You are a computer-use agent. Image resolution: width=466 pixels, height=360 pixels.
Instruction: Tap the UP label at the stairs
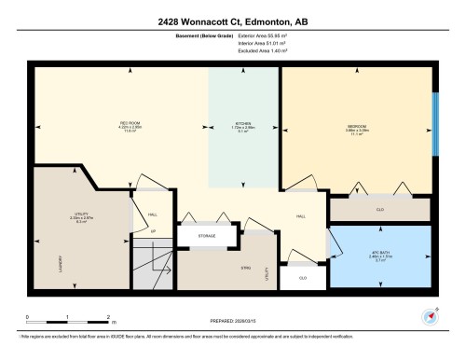tap(153, 230)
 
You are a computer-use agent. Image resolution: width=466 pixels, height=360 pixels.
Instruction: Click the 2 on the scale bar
tap(110, 318)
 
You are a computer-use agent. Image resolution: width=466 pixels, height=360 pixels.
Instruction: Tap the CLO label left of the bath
tap(303, 277)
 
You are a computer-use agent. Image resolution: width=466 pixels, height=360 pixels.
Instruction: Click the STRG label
tap(245, 269)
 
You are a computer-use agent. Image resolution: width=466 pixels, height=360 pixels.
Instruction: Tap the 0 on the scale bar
tap(28, 318)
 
